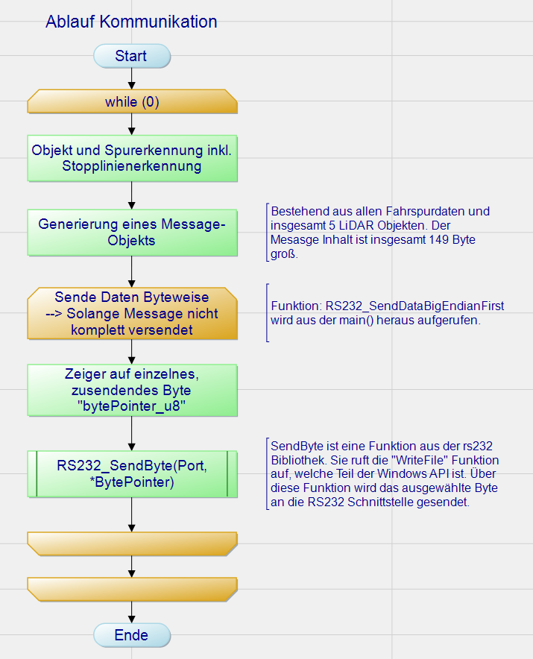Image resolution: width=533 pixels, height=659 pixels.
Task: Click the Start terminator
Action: (131, 56)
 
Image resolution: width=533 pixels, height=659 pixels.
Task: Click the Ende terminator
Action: (131, 636)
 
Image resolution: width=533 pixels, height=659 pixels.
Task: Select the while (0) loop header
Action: (132, 102)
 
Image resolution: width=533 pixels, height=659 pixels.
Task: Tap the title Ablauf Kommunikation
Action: (131, 22)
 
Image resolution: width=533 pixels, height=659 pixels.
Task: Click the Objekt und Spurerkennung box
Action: (132, 158)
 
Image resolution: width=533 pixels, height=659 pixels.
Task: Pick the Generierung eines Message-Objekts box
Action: (132, 232)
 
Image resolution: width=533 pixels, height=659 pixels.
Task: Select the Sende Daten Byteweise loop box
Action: (132, 313)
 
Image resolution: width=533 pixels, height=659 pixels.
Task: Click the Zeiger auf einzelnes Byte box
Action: (132, 390)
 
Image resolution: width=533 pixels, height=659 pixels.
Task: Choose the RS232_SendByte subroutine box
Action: (132, 474)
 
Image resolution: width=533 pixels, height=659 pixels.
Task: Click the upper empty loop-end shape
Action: (132, 543)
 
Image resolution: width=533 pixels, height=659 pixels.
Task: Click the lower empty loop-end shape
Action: (132, 588)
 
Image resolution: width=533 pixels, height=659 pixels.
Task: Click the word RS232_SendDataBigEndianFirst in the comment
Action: (415, 306)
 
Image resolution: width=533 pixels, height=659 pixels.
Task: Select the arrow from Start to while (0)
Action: (132, 78)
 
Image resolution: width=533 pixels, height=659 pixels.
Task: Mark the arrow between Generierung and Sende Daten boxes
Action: (132, 272)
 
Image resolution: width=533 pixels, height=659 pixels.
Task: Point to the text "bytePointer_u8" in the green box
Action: (131, 406)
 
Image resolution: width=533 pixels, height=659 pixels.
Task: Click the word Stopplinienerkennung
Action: (132, 165)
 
